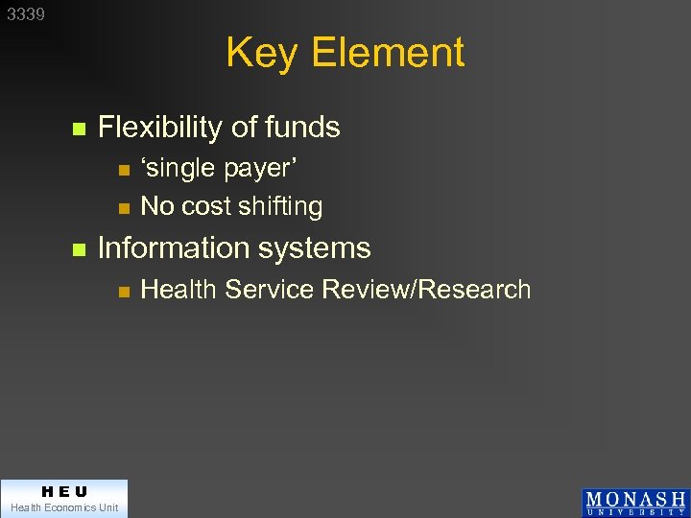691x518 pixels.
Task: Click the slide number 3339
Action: point(26,14)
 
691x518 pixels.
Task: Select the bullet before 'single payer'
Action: point(122,170)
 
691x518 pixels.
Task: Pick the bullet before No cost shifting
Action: point(122,207)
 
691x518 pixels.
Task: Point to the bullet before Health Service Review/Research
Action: point(122,291)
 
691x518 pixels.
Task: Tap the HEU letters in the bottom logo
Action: point(63,492)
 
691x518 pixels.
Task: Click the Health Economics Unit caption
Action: point(63,507)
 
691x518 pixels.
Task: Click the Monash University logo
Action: point(634,503)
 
